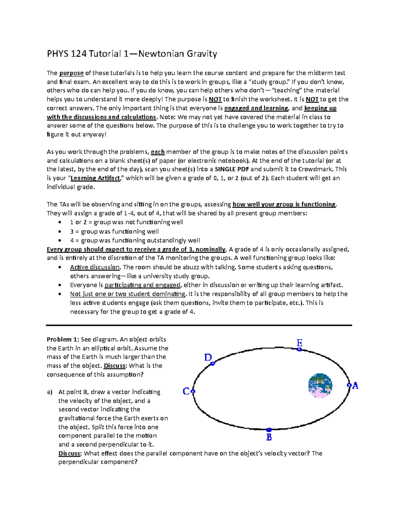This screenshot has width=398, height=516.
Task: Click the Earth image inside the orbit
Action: (x=320, y=385)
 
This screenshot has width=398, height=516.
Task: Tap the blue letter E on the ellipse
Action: (x=299, y=343)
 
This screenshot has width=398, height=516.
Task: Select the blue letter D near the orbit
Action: (x=208, y=358)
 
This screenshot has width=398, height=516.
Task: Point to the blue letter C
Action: (x=186, y=391)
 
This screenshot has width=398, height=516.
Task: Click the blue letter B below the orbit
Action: (x=269, y=437)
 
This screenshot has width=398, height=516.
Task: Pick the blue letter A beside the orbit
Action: (x=356, y=386)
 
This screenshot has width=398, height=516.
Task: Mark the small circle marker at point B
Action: (x=269, y=430)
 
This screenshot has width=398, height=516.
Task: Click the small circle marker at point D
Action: (x=213, y=363)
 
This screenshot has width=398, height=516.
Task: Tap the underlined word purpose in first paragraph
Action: (x=71, y=73)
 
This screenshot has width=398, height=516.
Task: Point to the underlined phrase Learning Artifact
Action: (x=96, y=178)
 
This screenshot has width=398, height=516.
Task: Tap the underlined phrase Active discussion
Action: (x=95, y=267)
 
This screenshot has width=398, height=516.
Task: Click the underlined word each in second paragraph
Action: (x=158, y=152)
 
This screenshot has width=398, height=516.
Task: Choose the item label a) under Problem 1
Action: (x=50, y=392)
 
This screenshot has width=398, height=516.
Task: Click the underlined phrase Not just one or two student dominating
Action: (x=128, y=294)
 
